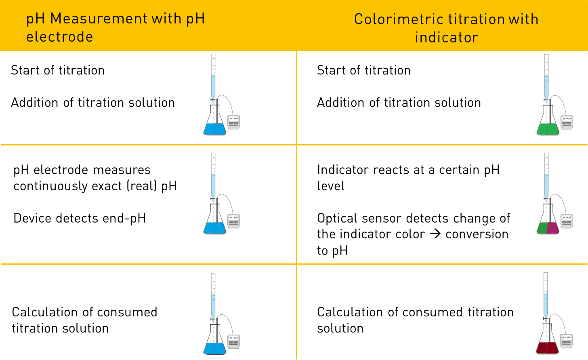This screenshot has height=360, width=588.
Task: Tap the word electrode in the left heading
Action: point(59,37)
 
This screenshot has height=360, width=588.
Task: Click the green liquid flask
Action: point(548,128)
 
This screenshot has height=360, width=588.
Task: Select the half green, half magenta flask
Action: point(548,227)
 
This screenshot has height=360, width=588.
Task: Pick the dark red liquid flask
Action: point(548,347)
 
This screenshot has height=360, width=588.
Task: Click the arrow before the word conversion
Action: point(435,234)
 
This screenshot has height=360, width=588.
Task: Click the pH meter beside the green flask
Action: point(567,122)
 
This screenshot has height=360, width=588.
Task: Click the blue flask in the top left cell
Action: point(214,128)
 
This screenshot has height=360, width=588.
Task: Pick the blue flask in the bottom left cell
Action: point(214,347)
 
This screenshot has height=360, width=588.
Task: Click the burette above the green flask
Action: point(546,77)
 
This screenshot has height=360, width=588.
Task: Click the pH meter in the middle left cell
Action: point(233,221)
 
